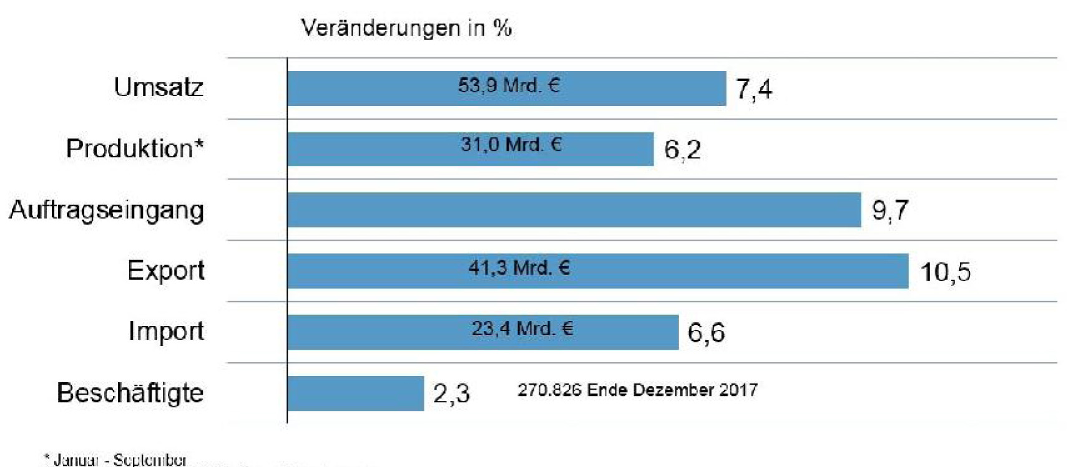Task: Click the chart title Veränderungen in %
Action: [x=406, y=28]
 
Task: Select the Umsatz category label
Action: [x=159, y=87]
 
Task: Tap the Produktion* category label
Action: [x=135, y=148]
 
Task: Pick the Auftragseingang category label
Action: [x=107, y=210]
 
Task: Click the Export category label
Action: [x=165, y=271]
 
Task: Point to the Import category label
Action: [x=166, y=331]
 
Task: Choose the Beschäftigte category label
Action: [x=130, y=393]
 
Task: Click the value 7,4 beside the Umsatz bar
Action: [x=753, y=89]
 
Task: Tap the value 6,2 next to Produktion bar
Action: [x=682, y=150]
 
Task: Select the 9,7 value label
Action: [x=889, y=211]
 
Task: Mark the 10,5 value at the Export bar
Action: [x=945, y=272]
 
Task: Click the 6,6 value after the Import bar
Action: [x=706, y=332]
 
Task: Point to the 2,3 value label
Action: [x=451, y=394]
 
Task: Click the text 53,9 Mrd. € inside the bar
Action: [x=509, y=85]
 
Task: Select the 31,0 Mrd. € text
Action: [x=511, y=145]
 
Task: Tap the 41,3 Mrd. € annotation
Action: [x=519, y=268]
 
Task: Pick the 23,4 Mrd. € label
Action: [x=522, y=329]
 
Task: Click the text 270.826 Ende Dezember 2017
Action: [x=637, y=390]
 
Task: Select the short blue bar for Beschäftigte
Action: [x=355, y=393]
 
